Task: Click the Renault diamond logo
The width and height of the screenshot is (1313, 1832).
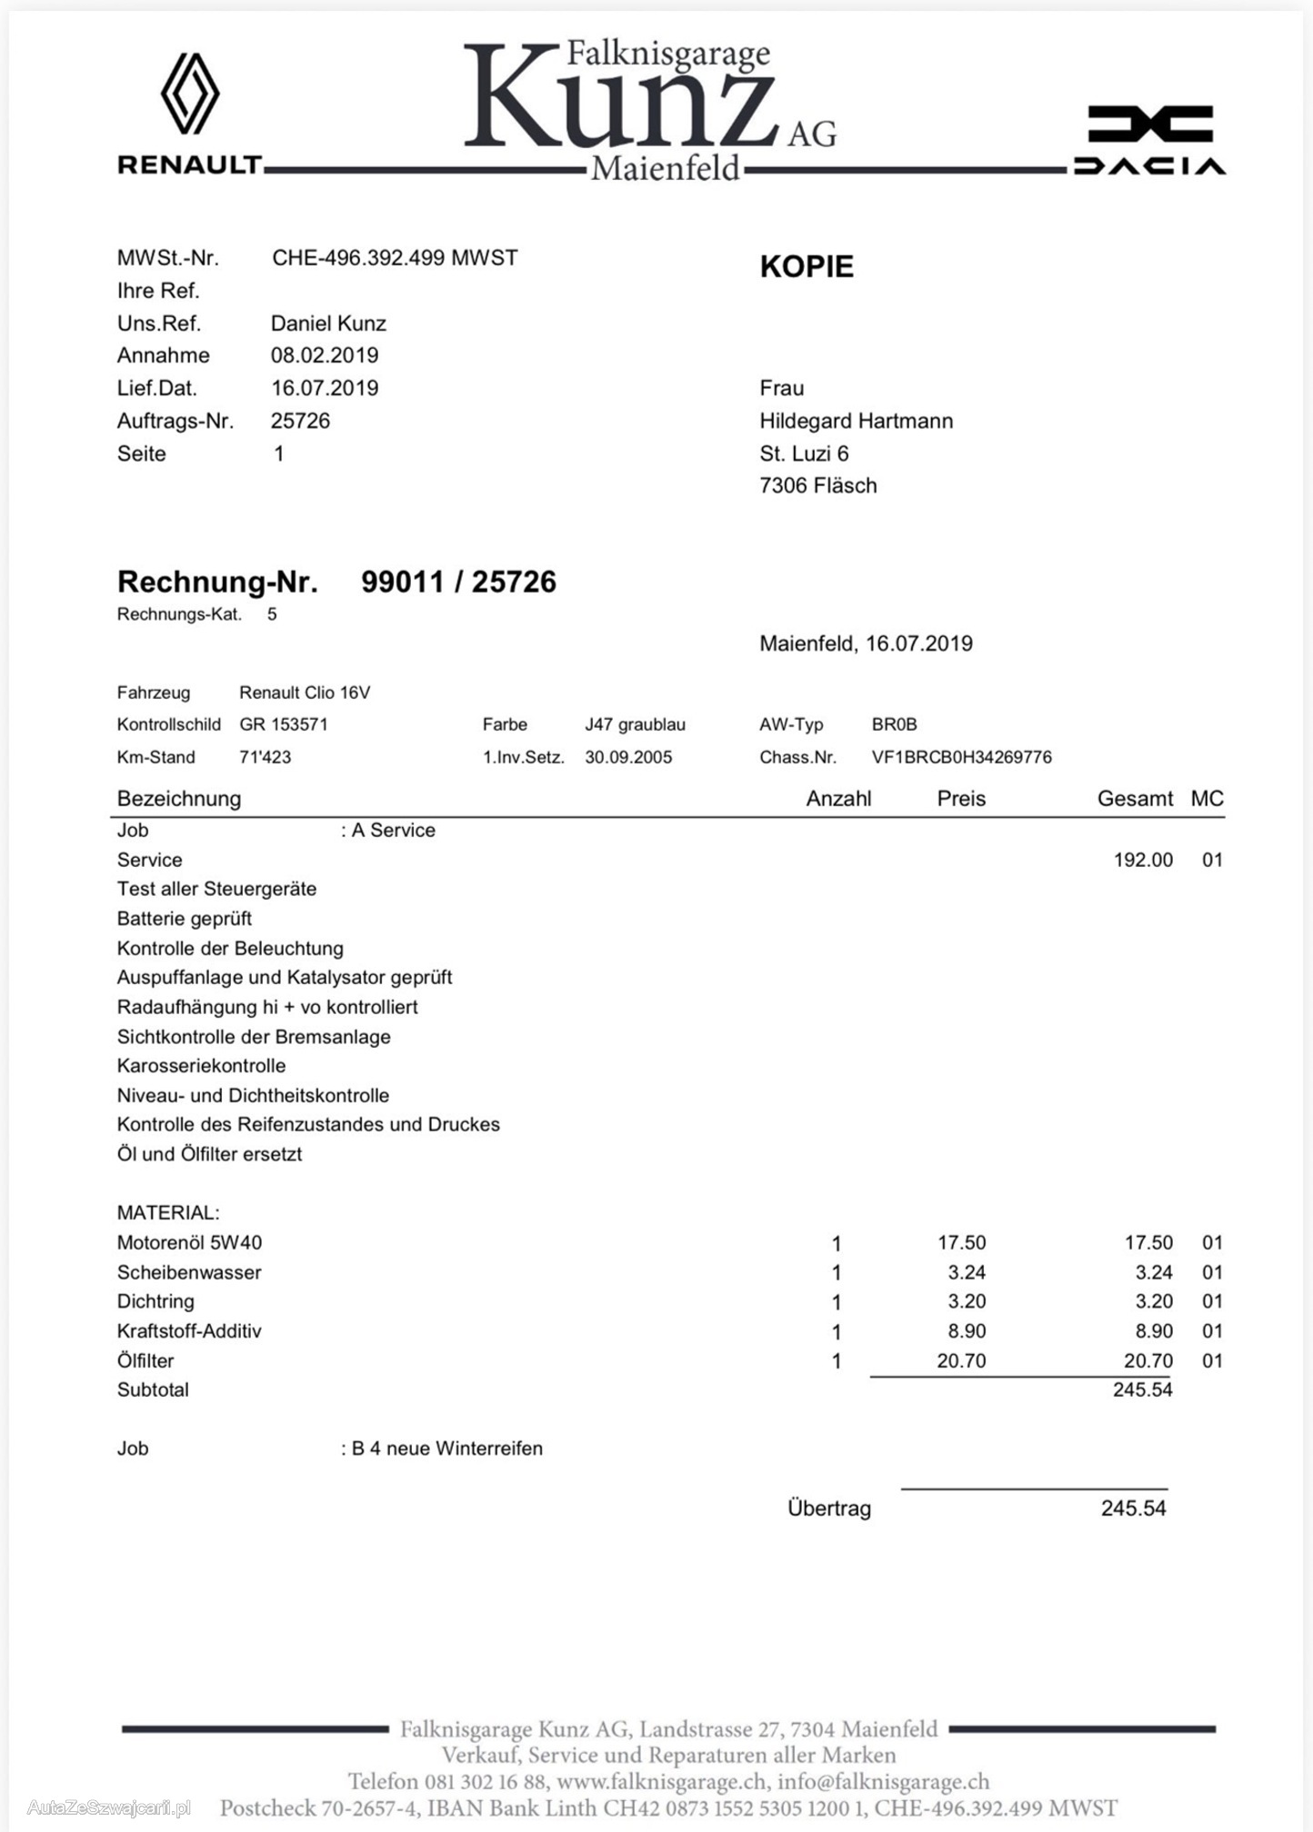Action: coord(190,94)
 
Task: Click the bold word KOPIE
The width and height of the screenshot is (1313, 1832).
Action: coord(807,267)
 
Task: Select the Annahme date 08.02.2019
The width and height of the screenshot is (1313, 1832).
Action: coord(325,355)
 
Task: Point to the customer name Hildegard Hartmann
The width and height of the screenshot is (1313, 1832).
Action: coord(856,421)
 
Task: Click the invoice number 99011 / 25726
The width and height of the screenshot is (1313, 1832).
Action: coord(458,582)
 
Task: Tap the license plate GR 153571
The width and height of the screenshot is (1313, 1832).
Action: coord(284,724)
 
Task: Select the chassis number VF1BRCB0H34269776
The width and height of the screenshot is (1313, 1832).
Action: coord(961,757)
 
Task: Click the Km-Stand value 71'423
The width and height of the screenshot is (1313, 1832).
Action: coord(266,757)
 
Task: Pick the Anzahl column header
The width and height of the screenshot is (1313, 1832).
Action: coord(838,799)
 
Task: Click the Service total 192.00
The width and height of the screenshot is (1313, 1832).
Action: coord(1143,860)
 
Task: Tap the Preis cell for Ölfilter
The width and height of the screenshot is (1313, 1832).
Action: coord(961,1360)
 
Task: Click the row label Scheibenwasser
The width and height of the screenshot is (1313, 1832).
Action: coord(189,1272)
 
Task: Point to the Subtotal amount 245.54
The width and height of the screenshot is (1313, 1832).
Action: coord(1143,1389)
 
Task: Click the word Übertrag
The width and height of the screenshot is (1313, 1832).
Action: coord(829,1508)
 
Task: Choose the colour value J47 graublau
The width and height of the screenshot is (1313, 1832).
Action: coord(635,724)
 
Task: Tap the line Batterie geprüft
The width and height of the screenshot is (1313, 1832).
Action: coord(185,919)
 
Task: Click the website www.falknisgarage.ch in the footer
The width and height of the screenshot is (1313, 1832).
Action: coord(661,1782)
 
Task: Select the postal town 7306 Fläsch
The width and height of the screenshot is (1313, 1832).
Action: coord(817,485)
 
